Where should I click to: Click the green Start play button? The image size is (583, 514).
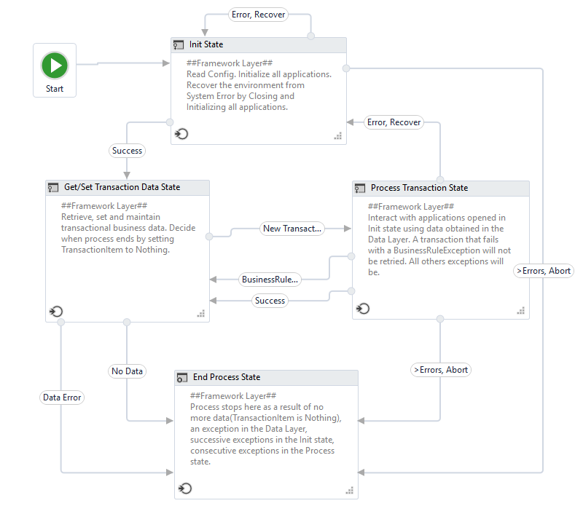click(x=55, y=66)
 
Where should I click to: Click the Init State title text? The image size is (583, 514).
click(x=206, y=44)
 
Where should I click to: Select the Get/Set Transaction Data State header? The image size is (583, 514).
click(x=122, y=187)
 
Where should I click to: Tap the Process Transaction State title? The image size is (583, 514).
click(x=419, y=188)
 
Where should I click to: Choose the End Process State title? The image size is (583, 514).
click(x=227, y=377)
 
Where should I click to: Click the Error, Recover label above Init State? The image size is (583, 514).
click(x=259, y=14)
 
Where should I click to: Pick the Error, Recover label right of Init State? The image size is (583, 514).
click(x=394, y=122)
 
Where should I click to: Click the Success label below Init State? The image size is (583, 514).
click(x=128, y=151)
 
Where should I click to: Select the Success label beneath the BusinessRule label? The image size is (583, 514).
click(x=270, y=300)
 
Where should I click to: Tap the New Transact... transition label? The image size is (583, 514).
click(x=291, y=229)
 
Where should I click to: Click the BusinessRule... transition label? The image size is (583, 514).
click(x=270, y=279)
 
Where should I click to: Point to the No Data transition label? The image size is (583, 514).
click(x=127, y=371)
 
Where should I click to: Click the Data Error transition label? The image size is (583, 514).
click(x=62, y=398)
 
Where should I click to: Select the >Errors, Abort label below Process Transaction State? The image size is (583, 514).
click(x=440, y=370)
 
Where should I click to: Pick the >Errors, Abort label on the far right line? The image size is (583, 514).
click(x=543, y=271)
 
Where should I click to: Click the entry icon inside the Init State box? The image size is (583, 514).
click(x=181, y=134)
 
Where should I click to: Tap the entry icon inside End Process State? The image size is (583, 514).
click(x=185, y=488)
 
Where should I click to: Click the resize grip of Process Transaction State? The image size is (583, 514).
click(x=521, y=311)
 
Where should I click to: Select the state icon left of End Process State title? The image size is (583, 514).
click(x=182, y=377)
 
